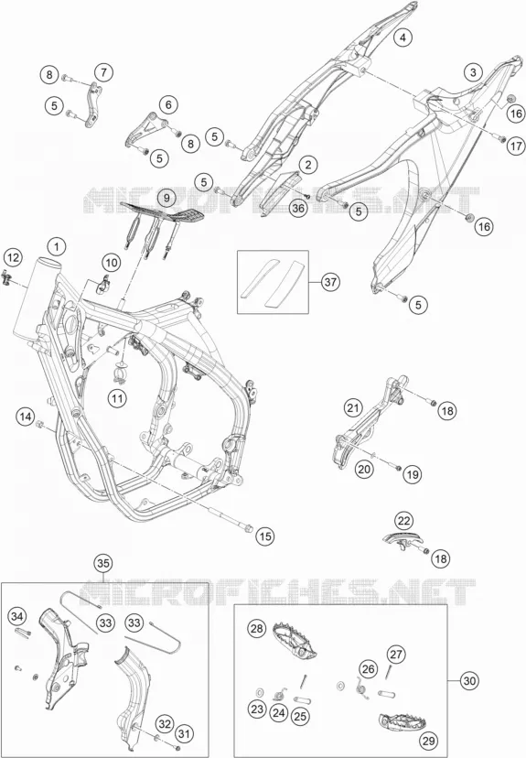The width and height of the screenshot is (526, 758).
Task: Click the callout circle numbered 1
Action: [57, 247]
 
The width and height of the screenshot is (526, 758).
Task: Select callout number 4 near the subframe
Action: [403, 38]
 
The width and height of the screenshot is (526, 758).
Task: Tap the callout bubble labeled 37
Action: [330, 281]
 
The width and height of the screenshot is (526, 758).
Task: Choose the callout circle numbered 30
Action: [468, 681]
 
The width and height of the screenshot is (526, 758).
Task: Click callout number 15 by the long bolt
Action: [265, 536]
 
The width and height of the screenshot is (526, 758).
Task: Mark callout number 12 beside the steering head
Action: [14, 257]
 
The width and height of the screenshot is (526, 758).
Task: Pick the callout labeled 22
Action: [403, 521]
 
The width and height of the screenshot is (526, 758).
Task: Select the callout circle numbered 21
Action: [353, 407]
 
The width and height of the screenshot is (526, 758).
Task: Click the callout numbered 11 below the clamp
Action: [117, 399]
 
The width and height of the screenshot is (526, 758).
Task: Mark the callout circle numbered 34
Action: [16, 616]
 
